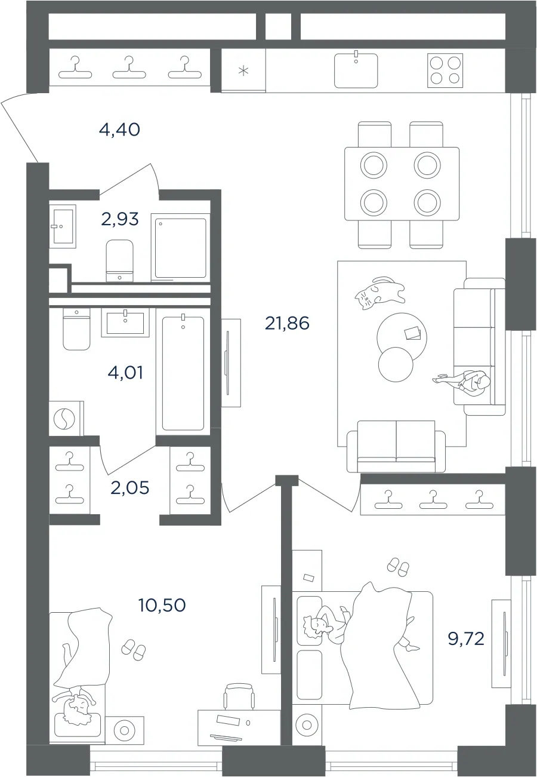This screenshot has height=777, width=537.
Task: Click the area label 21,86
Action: click(287, 323)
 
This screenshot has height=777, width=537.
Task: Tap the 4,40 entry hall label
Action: click(119, 130)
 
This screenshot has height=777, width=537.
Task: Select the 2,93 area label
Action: click(120, 219)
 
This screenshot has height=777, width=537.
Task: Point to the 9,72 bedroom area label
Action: click(466, 638)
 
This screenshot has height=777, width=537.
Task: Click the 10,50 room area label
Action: click(162, 605)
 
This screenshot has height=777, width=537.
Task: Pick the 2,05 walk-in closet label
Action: click(130, 488)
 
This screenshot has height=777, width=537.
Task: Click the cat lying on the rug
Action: click(379, 293)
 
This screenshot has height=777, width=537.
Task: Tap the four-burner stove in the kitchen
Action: click(445, 70)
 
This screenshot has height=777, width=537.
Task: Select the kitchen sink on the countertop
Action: click(356, 70)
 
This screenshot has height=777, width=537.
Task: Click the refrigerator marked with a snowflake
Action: click(243, 70)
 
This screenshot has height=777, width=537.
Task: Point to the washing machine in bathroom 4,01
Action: click(66, 418)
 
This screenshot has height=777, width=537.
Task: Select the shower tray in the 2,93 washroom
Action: click(181, 248)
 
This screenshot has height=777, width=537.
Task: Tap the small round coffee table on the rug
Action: click(396, 364)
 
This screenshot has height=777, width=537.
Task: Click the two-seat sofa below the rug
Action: click(396, 446)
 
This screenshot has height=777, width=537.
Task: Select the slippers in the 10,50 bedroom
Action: click(134, 650)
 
